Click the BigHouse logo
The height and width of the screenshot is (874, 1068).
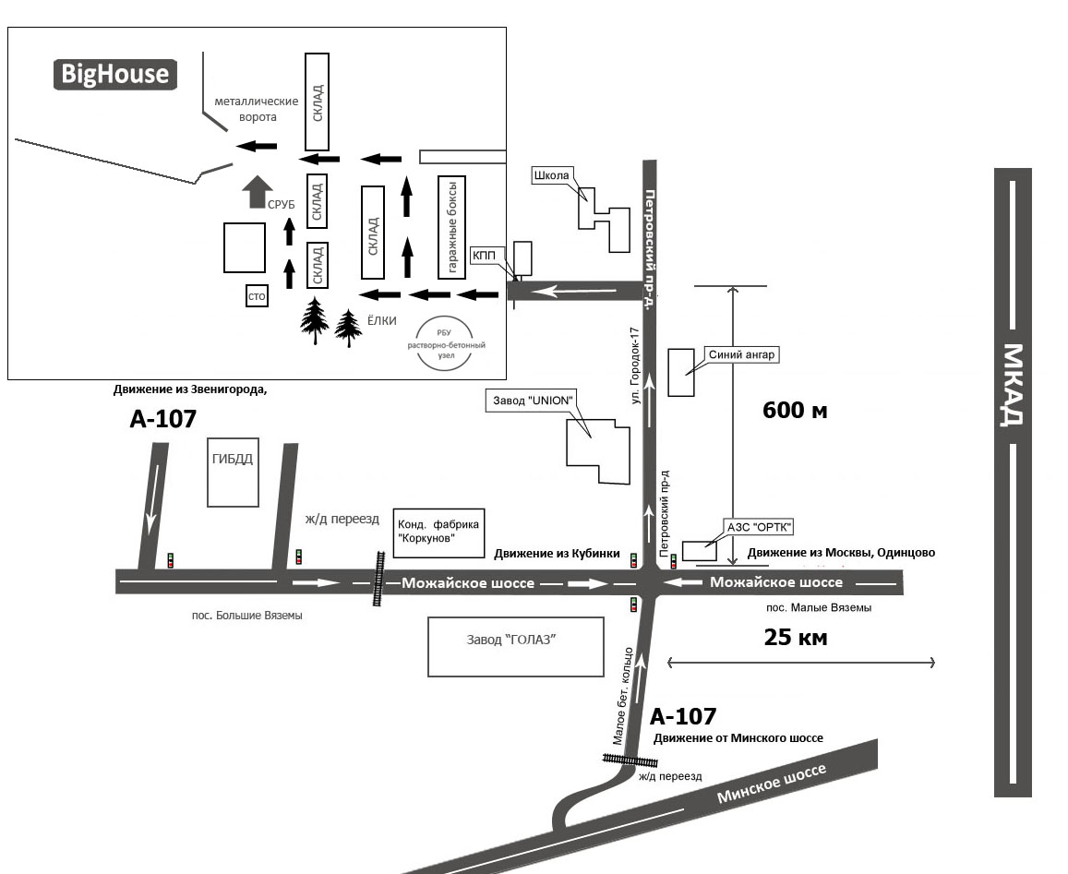(114, 74)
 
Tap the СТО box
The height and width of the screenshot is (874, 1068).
(257, 295)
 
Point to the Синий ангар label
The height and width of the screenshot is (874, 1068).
(742, 353)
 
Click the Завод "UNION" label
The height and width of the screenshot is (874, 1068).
(531, 401)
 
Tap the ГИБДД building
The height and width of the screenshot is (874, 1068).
(232, 472)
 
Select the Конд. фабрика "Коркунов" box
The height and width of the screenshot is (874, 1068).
(438, 533)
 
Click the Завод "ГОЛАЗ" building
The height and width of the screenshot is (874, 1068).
(515, 647)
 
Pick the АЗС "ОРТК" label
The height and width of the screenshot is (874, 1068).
(760, 528)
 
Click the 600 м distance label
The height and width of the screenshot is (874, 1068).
(795, 411)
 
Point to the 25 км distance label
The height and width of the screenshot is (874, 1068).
(796, 637)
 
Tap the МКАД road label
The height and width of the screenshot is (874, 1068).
(1013, 385)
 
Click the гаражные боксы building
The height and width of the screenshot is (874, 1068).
(451, 226)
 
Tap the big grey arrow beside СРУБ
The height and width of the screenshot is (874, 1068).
(253, 192)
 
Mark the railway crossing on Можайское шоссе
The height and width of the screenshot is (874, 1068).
(378, 579)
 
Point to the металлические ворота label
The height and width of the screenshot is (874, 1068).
(257, 109)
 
